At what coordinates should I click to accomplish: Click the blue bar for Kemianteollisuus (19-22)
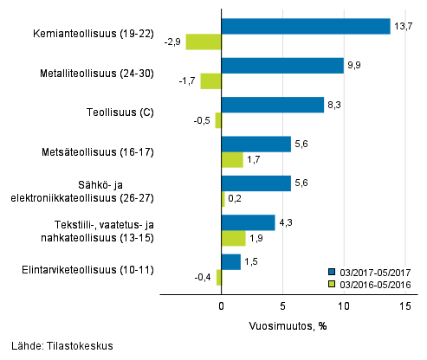click(306, 26)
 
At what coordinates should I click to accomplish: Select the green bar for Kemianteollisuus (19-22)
click(204, 42)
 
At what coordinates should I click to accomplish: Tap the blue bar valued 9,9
click(282, 66)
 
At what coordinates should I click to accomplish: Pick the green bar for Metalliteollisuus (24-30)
click(210, 81)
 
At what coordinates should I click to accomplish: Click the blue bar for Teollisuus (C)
click(272, 105)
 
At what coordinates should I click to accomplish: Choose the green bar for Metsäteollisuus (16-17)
click(232, 159)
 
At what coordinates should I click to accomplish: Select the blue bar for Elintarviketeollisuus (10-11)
click(230, 261)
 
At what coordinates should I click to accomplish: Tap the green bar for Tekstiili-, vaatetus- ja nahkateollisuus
click(233, 238)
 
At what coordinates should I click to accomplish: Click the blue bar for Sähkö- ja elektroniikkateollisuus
click(256, 183)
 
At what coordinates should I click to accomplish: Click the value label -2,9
click(173, 42)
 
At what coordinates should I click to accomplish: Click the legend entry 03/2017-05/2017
click(372, 271)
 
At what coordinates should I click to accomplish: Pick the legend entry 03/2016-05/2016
click(372, 283)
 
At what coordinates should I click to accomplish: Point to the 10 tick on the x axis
click(344, 306)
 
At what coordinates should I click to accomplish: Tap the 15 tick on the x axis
click(405, 306)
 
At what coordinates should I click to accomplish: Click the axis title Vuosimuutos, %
click(282, 327)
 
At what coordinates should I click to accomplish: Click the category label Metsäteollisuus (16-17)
click(102, 152)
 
